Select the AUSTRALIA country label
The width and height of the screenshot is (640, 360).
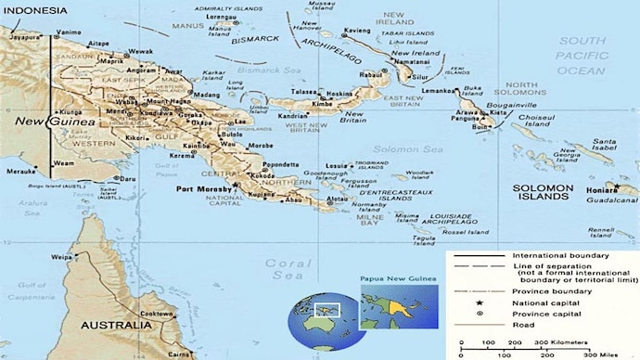click(115, 326)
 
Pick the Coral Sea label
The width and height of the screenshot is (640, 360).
click(288, 269)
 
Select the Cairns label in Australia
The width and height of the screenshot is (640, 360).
click(181, 354)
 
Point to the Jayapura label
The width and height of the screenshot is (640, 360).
click(25, 37)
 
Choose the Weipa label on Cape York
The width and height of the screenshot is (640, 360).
click(62, 257)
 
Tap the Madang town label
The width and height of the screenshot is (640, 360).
click(207, 95)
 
